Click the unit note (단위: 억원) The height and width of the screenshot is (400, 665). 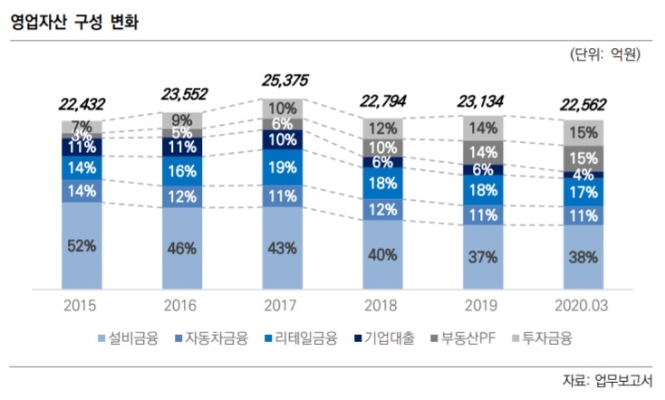point(606,55)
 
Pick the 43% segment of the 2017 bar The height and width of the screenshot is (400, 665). point(283,247)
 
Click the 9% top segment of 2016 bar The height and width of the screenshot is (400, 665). point(183,119)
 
